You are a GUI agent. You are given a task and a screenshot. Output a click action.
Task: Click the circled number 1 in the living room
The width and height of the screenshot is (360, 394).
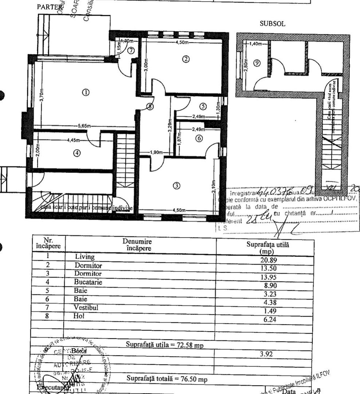tap(86, 93)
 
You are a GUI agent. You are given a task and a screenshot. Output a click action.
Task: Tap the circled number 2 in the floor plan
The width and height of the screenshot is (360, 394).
tap(185, 59)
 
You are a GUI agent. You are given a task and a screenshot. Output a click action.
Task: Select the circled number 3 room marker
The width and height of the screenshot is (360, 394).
tap(176, 186)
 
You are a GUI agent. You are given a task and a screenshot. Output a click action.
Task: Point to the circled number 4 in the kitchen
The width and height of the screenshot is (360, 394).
tap(76, 153)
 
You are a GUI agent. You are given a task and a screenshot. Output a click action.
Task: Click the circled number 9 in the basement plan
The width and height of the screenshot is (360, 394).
tap(257, 63)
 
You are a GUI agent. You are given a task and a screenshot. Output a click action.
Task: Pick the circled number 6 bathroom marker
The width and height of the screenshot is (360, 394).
tap(199, 139)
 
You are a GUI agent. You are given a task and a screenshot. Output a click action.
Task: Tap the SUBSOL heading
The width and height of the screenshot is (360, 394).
tap(272, 24)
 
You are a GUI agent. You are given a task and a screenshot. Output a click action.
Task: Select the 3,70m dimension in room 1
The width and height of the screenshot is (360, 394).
tap(41, 97)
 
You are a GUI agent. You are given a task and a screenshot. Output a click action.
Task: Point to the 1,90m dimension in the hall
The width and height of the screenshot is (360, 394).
tap(157, 153)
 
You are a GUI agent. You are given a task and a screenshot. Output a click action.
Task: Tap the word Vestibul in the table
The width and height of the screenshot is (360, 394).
tap(86, 308)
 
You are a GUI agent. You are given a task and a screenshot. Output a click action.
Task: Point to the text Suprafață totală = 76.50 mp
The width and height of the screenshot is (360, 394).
tap(165, 379)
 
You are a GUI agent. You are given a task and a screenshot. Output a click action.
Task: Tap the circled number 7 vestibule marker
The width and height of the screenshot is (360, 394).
tap(131, 50)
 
